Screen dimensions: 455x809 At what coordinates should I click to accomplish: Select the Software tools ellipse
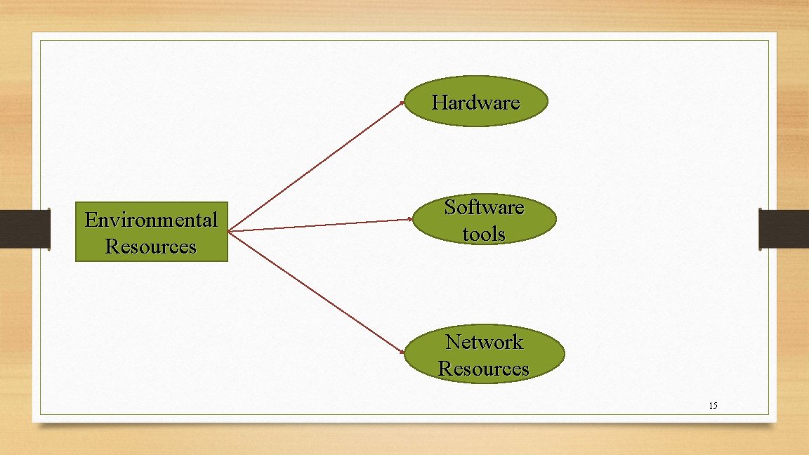click(484, 219)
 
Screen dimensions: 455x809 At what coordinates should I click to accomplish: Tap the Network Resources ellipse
click(484, 355)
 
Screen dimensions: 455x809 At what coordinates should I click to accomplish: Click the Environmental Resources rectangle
click(152, 232)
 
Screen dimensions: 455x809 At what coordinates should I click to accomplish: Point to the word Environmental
click(151, 220)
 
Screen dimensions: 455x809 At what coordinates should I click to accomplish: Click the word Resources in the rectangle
click(151, 246)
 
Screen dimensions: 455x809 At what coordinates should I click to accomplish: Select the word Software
click(484, 207)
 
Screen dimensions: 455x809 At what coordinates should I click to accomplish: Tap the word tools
click(484, 233)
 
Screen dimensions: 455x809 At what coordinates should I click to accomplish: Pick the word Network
click(484, 342)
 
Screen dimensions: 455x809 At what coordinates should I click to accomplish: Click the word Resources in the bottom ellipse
click(484, 369)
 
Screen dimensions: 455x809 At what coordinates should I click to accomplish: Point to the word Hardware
click(475, 103)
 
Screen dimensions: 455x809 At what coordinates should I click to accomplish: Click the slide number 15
click(713, 406)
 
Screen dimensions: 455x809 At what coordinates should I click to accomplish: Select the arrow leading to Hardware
click(316, 166)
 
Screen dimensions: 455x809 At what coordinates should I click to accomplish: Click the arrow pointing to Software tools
click(320, 225)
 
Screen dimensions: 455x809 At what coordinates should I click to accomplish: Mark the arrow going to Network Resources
click(316, 291)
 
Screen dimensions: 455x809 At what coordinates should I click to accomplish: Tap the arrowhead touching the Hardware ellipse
click(402, 103)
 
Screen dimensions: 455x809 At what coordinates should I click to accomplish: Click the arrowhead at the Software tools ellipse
click(411, 219)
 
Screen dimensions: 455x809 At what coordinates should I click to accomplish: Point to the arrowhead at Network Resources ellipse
click(402, 351)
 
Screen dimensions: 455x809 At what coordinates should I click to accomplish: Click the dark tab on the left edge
click(25, 228)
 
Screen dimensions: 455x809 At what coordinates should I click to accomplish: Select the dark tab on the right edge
click(784, 228)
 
